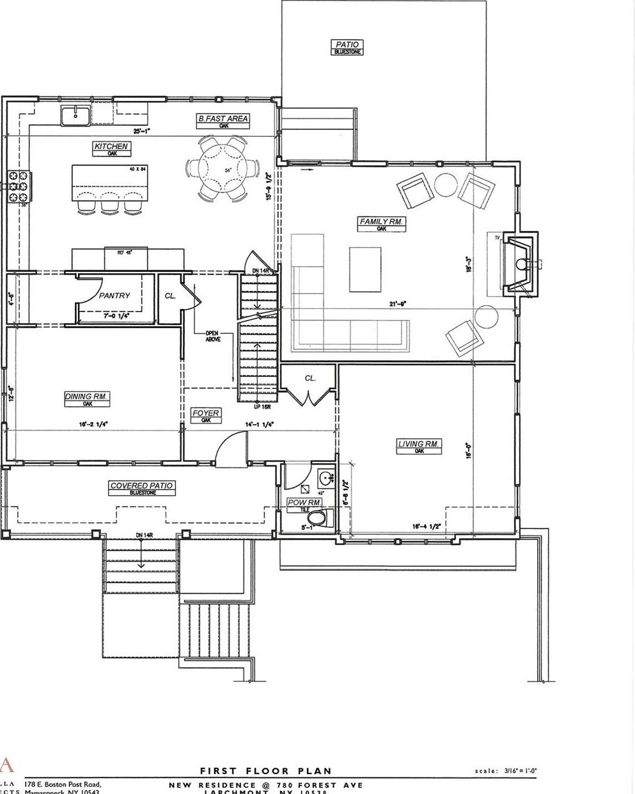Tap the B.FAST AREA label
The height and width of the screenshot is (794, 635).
pyautogui.click(x=223, y=118)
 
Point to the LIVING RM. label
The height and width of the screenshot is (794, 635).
pyautogui.click(x=419, y=443)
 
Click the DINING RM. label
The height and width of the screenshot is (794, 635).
pyautogui.click(x=87, y=397)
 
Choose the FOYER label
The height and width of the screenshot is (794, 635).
pyautogui.click(x=206, y=413)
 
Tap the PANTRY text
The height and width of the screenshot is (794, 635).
pyautogui.click(x=114, y=296)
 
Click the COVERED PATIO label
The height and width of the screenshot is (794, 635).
pyautogui.click(x=142, y=486)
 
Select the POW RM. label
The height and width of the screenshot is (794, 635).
pyautogui.click(x=304, y=502)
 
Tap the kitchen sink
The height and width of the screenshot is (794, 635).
pyautogui.click(x=75, y=116)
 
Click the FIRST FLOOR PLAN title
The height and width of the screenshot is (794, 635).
pyautogui.click(x=266, y=771)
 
